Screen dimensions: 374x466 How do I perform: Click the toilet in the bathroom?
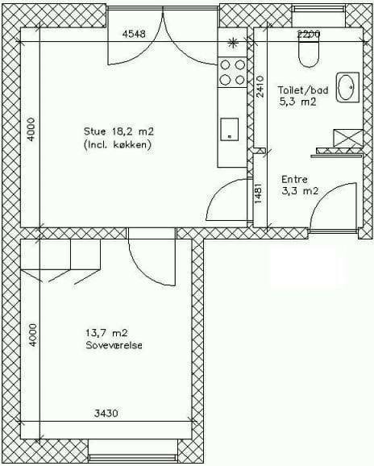(x=309, y=53)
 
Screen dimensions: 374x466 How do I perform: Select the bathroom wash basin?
(x=347, y=87)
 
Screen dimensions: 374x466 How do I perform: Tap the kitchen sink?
(x=230, y=130)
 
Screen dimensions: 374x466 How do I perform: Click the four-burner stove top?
(x=232, y=73)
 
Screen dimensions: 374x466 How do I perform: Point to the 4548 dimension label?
(x=134, y=34)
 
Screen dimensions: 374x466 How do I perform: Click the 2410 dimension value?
(x=260, y=87)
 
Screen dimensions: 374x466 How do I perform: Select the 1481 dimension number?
(x=259, y=193)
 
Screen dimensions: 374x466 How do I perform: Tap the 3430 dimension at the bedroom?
(x=106, y=413)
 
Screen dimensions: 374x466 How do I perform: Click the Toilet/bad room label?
(x=303, y=89)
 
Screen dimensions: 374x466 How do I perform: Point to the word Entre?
(x=294, y=180)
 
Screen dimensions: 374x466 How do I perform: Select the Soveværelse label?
(x=114, y=345)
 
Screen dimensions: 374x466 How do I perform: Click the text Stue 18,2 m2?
(x=118, y=131)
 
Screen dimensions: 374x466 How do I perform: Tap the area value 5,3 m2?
(x=297, y=102)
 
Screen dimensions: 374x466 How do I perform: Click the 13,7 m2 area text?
(x=106, y=333)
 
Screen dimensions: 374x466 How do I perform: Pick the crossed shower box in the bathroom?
(x=348, y=138)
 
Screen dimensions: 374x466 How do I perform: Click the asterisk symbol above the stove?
(x=233, y=43)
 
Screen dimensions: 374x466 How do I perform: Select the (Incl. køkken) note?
(x=118, y=145)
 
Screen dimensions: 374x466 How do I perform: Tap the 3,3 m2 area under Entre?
(x=300, y=191)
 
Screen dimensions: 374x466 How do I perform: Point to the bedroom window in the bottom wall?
(x=132, y=454)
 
